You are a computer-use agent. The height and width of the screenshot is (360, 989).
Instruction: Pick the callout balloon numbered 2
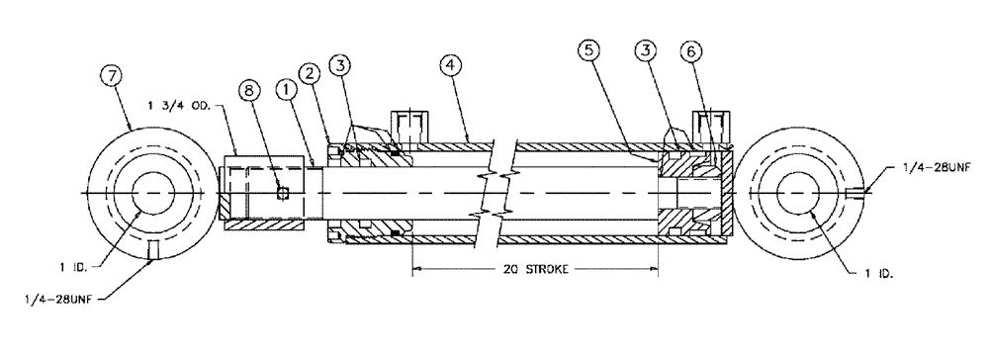click(x=312, y=74)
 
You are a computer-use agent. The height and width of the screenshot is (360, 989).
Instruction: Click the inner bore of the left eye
click(x=151, y=190)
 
